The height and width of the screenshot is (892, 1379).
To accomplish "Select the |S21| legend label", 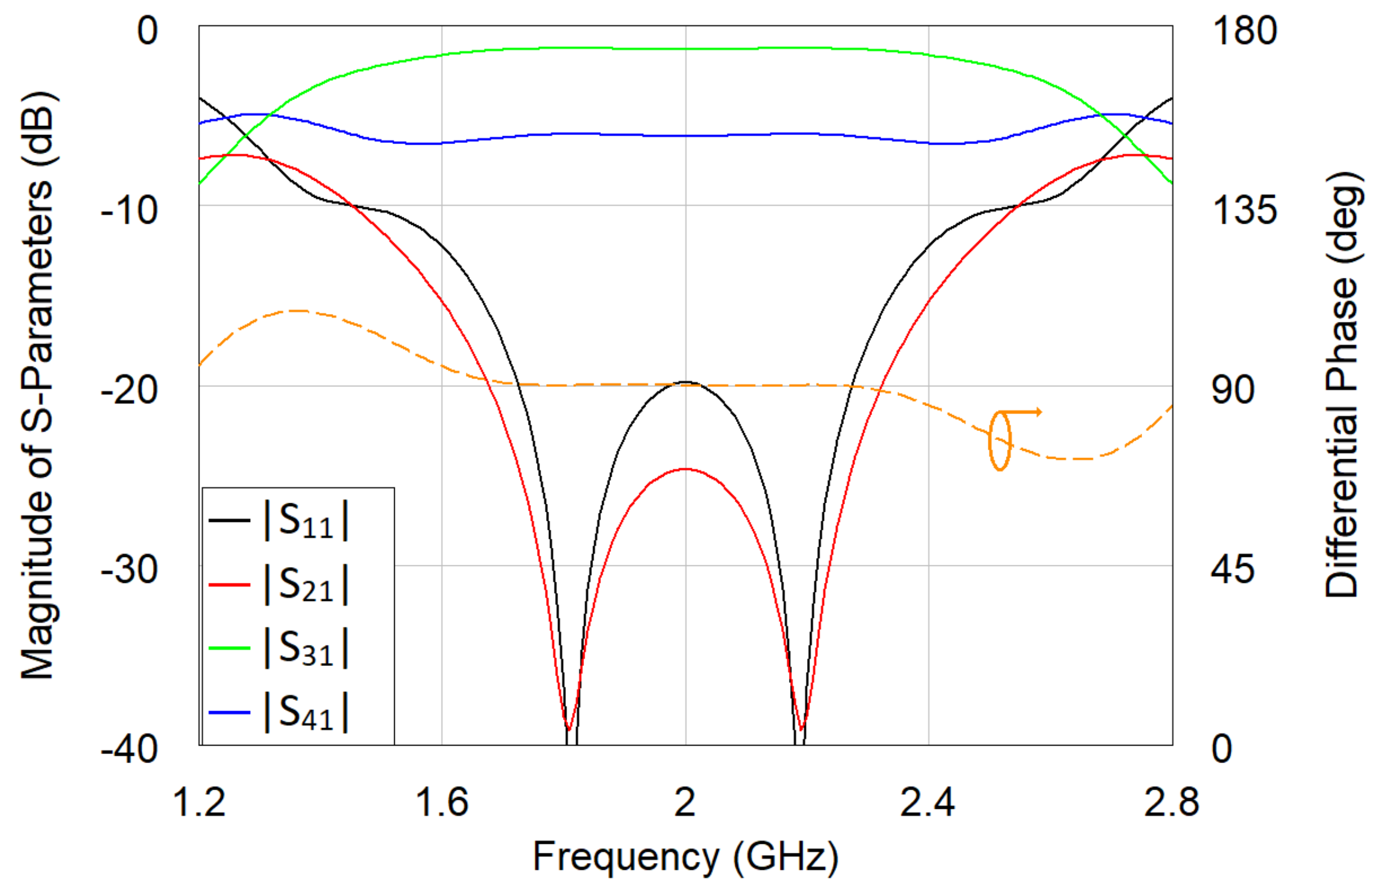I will (x=306, y=585).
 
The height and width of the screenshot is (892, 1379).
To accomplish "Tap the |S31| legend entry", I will (x=306, y=649).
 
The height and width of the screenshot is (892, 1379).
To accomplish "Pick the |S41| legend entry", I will (x=306, y=712).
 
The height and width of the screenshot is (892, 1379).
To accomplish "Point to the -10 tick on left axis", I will (x=130, y=210).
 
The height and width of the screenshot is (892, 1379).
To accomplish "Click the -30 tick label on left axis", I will (x=130, y=570).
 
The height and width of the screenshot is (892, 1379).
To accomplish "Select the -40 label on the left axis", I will (x=130, y=750).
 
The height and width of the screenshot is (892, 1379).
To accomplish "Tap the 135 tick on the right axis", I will (x=1244, y=210).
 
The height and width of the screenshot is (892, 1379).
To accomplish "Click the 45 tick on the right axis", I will (x=1233, y=570).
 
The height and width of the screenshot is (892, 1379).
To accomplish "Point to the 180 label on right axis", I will (x=1244, y=30).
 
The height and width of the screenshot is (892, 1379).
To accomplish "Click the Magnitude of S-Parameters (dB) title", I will (x=37, y=386).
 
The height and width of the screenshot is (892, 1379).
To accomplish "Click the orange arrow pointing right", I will (x=1025, y=412).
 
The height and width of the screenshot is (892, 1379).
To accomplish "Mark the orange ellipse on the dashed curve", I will (x=1000, y=441).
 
